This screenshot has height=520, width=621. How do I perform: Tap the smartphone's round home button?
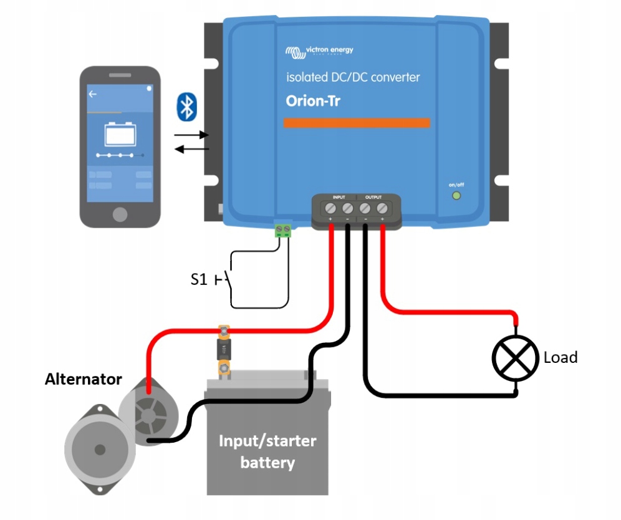(x=120, y=214)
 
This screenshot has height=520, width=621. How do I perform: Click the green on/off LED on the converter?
(x=456, y=196)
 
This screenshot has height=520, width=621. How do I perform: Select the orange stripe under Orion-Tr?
(x=357, y=123)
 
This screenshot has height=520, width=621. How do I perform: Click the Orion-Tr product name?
(x=313, y=101)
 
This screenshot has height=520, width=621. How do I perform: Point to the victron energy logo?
(x=319, y=51)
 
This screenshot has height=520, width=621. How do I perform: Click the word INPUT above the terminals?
(x=339, y=196)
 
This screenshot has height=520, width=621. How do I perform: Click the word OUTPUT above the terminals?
(x=373, y=196)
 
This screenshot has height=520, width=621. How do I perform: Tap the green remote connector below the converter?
(x=283, y=230)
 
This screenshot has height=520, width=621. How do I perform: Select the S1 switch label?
(x=198, y=280)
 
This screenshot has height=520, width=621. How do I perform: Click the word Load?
(x=561, y=357)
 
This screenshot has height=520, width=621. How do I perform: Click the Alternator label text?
(x=83, y=379)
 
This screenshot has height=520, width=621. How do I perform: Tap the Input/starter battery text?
(x=267, y=452)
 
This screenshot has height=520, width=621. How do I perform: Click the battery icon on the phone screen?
(x=120, y=132)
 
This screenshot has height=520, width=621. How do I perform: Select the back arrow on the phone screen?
(x=93, y=94)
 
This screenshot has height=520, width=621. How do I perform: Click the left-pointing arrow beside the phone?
(x=191, y=148)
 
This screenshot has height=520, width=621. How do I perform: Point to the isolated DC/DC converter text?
(x=353, y=77)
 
